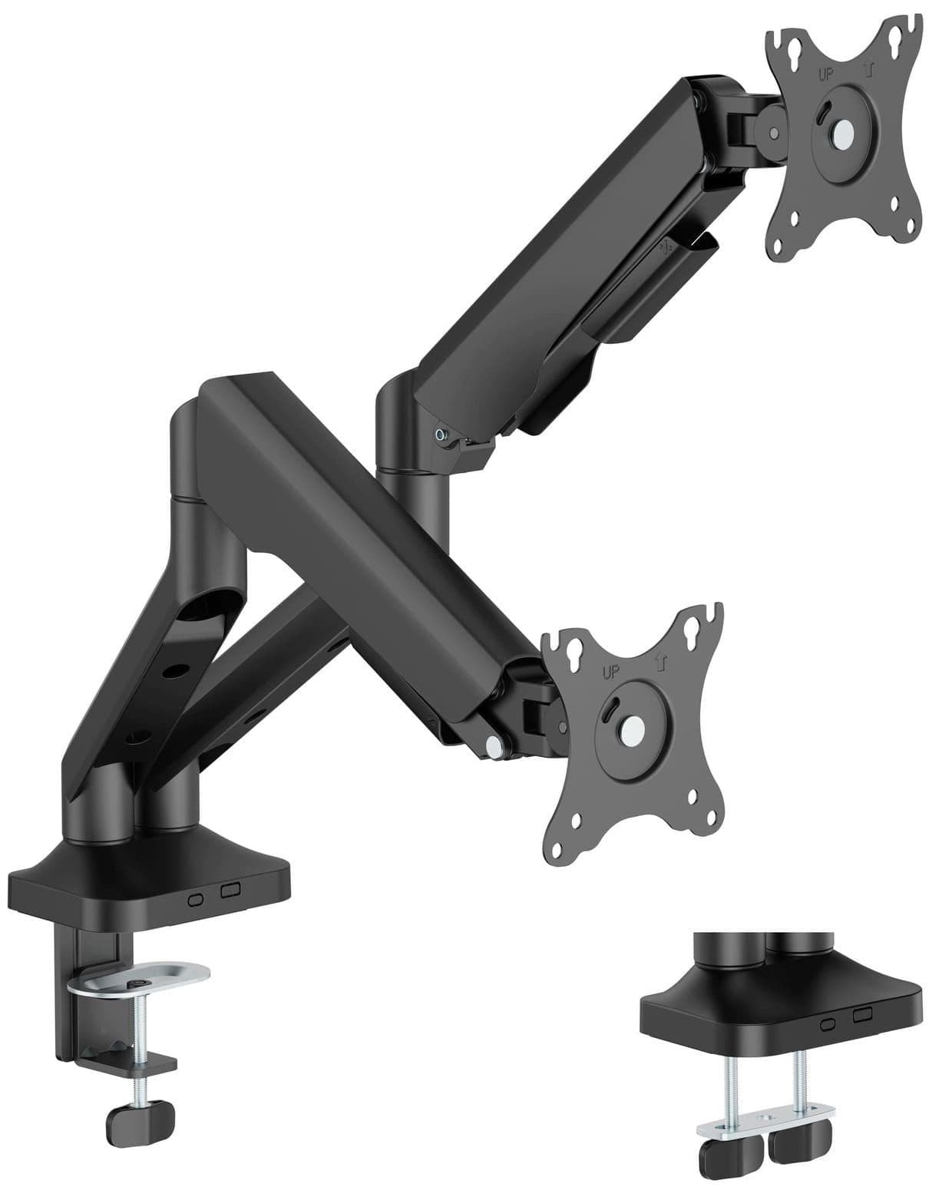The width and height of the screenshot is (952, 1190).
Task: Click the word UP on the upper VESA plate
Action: click(825, 74)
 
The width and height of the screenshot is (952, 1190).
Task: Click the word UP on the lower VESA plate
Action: click(611, 673)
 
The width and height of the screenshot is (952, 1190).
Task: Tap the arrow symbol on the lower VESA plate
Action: click(661, 661)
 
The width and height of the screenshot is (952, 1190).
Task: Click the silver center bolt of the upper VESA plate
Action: click(843, 131)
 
